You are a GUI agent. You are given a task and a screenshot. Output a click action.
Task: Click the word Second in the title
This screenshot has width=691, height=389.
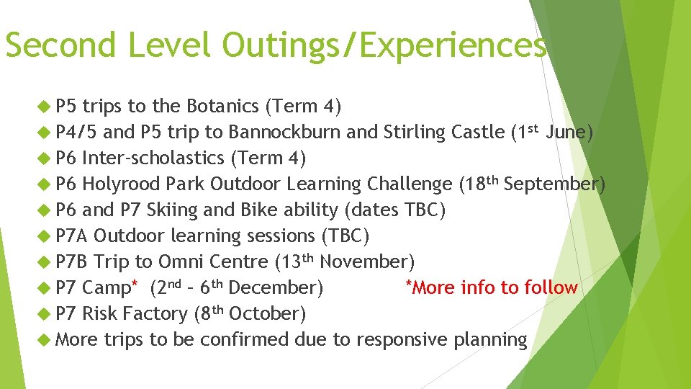point(60,45)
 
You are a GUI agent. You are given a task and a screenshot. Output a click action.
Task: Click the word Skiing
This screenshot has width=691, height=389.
point(171,210)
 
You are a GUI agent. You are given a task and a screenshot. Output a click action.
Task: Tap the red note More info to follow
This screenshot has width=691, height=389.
point(492,288)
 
